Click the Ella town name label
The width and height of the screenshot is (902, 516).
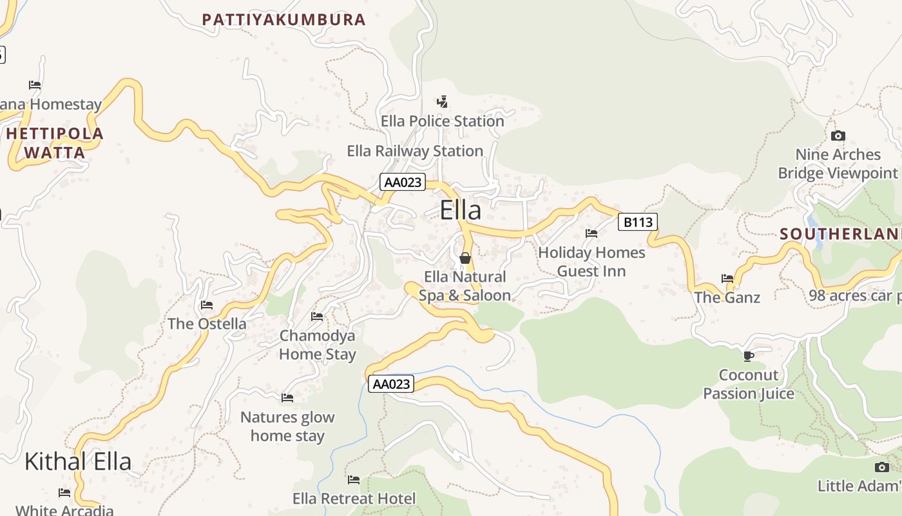point(460,211)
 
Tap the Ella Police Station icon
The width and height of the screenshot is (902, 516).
point(442,101)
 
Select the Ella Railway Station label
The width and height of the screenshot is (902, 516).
point(415,151)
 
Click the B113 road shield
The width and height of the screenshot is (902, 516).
point(638,223)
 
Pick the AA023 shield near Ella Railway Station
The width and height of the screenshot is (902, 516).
point(403,182)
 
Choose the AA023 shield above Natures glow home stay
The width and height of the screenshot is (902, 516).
point(391,384)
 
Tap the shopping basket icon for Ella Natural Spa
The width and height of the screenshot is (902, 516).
point(465,258)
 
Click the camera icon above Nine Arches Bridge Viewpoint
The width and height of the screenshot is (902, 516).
point(838,135)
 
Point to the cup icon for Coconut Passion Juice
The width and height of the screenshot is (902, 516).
point(748,355)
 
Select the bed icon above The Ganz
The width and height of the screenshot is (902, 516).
point(727,279)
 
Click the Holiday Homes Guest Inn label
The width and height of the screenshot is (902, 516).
point(591,261)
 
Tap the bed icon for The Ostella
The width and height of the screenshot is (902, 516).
point(207,304)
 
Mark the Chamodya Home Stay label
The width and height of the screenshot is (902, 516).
point(317,344)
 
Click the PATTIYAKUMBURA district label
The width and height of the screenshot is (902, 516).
point(284,19)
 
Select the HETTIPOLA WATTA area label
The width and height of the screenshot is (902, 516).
point(55,143)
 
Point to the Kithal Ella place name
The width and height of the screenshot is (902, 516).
point(78,461)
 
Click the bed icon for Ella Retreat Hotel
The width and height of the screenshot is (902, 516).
point(354,479)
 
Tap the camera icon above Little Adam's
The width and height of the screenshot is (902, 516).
point(881,467)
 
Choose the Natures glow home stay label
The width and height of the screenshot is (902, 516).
point(287,426)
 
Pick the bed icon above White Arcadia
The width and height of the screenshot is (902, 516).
point(64,493)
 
